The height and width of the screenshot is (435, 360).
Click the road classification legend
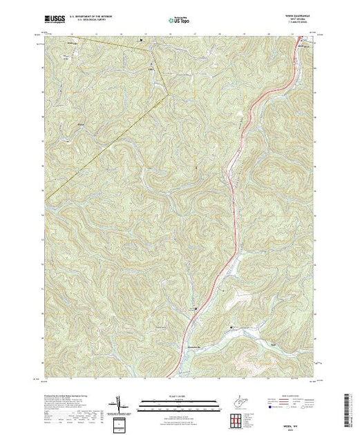(x=284, y=405)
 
